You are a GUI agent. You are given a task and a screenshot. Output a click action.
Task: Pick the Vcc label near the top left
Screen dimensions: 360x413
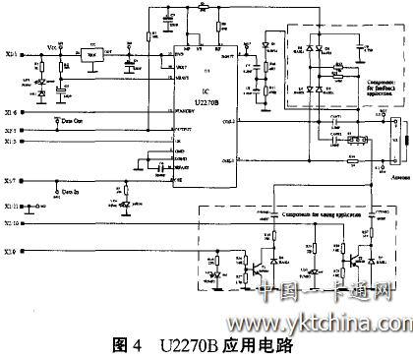(x=52, y=46)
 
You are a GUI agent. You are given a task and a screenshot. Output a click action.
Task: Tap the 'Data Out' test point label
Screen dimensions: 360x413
(x=69, y=120)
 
